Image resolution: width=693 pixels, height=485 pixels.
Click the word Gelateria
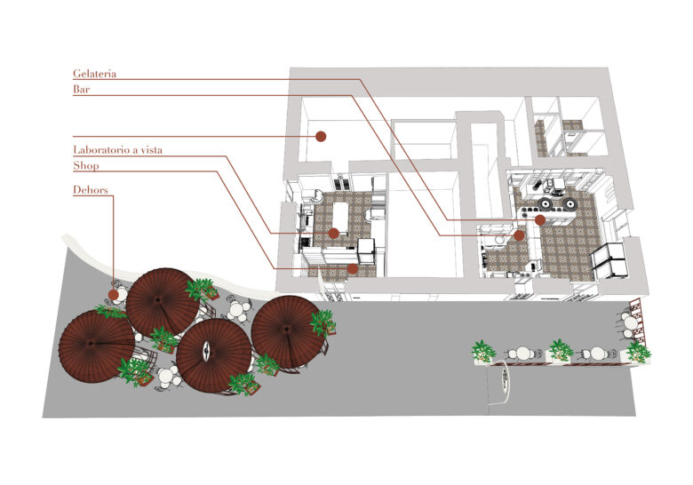point(94,74)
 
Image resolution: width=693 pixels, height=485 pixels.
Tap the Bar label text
point(82,89)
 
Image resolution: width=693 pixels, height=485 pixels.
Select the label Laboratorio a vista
point(117,150)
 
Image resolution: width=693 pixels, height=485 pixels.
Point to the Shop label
point(86,165)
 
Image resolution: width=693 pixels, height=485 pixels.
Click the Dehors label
point(90,190)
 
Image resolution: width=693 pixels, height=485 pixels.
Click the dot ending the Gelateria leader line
point(539,219)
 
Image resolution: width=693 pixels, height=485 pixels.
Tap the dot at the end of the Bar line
point(520,235)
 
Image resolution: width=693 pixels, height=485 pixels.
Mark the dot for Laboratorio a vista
point(334,234)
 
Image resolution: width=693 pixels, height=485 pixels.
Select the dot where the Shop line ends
point(353,268)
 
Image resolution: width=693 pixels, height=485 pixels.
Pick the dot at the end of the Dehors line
point(114,295)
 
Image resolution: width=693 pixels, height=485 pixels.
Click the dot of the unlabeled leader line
point(321,137)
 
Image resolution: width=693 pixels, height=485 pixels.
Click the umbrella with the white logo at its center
point(214,355)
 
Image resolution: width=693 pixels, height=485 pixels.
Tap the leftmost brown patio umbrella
point(96,346)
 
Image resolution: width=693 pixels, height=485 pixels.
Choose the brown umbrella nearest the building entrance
point(286,331)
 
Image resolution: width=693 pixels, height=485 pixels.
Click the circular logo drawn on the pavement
point(503,379)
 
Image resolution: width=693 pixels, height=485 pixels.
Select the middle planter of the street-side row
point(560,352)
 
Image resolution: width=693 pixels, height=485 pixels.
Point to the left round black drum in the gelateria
point(546,204)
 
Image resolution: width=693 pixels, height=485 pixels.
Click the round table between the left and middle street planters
point(523,354)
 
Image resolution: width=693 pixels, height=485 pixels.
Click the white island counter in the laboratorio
point(341,219)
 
